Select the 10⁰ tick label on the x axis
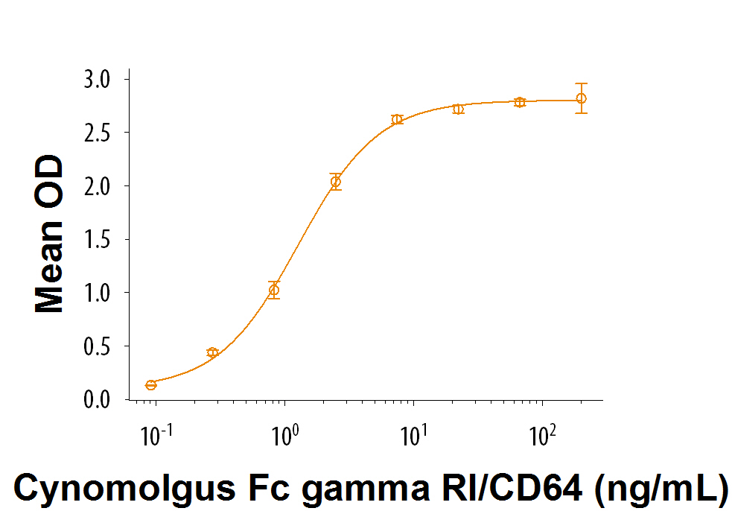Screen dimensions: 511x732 click(284, 434)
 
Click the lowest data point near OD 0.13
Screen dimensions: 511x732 click(151, 385)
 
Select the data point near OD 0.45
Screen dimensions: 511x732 click(212, 352)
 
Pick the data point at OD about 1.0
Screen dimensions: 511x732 click(274, 290)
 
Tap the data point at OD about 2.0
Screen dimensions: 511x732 click(336, 182)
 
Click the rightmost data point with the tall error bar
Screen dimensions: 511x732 click(582, 98)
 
